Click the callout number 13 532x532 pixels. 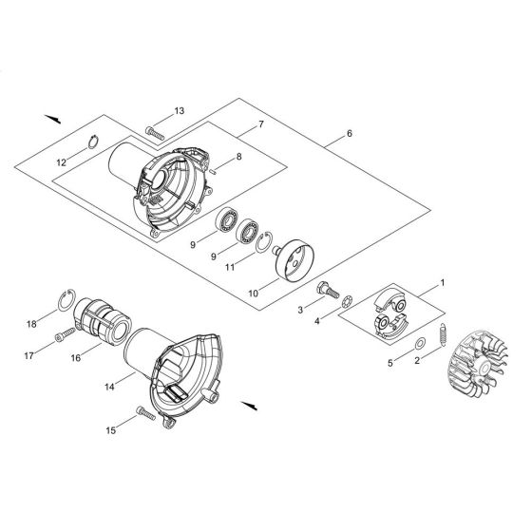click(x=180, y=112)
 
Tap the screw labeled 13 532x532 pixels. click(x=156, y=129)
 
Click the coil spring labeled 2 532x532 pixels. click(x=444, y=336)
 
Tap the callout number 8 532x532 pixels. click(x=238, y=156)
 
